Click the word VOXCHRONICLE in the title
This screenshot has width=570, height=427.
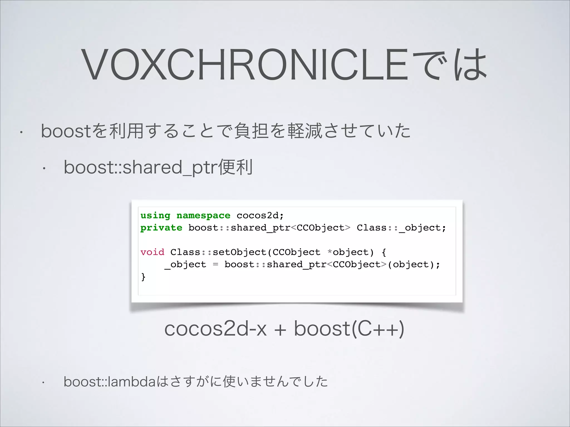click(245, 64)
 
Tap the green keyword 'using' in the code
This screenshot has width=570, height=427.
click(155, 216)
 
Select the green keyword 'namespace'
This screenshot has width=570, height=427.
click(203, 216)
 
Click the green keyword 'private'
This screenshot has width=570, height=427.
click(161, 228)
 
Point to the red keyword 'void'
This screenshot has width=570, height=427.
click(152, 252)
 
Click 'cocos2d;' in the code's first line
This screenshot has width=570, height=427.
click(260, 216)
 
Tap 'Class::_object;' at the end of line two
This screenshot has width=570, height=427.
click(401, 228)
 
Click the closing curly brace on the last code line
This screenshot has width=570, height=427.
click(143, 277)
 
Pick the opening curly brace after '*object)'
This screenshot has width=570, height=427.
click(384, 252)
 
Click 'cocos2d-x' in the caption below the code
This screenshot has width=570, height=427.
click(215, 329)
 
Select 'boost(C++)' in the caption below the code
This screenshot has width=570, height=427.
click(349, 329)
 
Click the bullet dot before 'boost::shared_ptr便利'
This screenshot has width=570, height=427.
click(43, 168)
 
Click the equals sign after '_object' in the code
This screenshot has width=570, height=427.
click(215, 264)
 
